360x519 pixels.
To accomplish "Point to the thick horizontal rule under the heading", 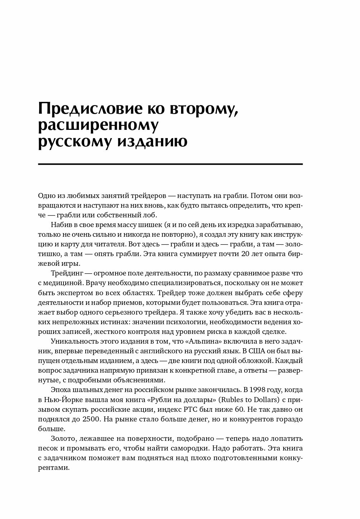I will pos(170,164).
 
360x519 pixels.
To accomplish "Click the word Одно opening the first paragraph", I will pos(46,196).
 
